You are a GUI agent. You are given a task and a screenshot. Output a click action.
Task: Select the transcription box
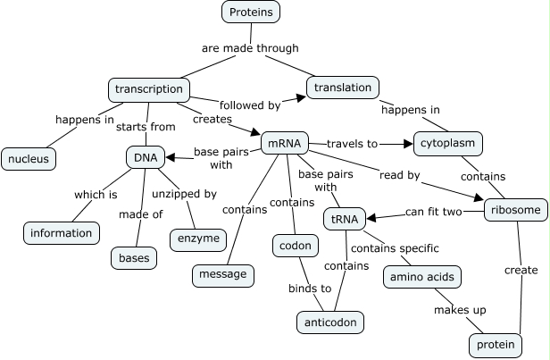pyautogui.click(x=149, y=89)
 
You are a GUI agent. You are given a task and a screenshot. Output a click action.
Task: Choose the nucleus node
pyautogui.click(x=29, y=159)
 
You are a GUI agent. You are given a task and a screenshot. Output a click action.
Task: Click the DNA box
pyautogui.click(x=145, y=158)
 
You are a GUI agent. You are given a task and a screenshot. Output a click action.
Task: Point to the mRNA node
pyautogui.click(x=285, y=143)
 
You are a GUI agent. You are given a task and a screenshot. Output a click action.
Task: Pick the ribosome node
pyautogui.click(x=514, y=211)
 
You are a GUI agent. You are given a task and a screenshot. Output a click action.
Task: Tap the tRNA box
pyautogui.click(x=341, y=219)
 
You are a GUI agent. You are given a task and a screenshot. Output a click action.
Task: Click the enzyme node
pyautogui.click(x=196, y=239)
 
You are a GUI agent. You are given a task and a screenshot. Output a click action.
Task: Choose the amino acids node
pyautogui.click(x=422, y=277)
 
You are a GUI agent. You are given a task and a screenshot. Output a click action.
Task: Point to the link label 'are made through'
pyautogui.click(x=249, y=48)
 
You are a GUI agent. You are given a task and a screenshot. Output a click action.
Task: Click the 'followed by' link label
pyautogui.click(x=249, y=105)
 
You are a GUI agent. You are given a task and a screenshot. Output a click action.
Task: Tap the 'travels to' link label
pyautogui.click(x=352, y=143)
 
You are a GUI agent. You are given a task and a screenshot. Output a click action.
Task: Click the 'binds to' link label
pyautogui.click(x=309, y=288)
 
